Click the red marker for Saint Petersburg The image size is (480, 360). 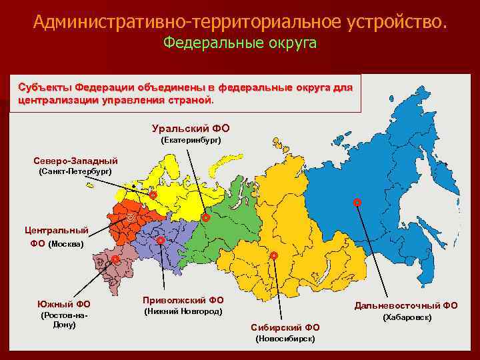coord(152,195)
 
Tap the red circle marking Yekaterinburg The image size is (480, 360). coord(205,217)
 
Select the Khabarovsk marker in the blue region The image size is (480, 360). coord(357,201)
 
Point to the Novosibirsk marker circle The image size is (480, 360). coord(273,255)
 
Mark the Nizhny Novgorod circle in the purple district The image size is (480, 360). coord(161,240)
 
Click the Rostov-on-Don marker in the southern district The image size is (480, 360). coord(115,259)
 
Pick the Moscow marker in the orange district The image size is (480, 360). coord(131,218)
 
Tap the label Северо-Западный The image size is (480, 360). coord(75,161)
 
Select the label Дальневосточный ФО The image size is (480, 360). coord(405,305)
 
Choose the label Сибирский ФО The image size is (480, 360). coord(285,327)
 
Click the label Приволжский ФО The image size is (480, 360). coord(183,300)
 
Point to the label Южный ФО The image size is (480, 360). coord(64,304)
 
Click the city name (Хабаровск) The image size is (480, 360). coord(406,317)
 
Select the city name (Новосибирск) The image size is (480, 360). coord(285,339)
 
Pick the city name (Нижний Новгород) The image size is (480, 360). coord(183,311)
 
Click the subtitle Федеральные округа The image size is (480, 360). coord(240,43)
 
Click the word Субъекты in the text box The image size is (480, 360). coord(45,88)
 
